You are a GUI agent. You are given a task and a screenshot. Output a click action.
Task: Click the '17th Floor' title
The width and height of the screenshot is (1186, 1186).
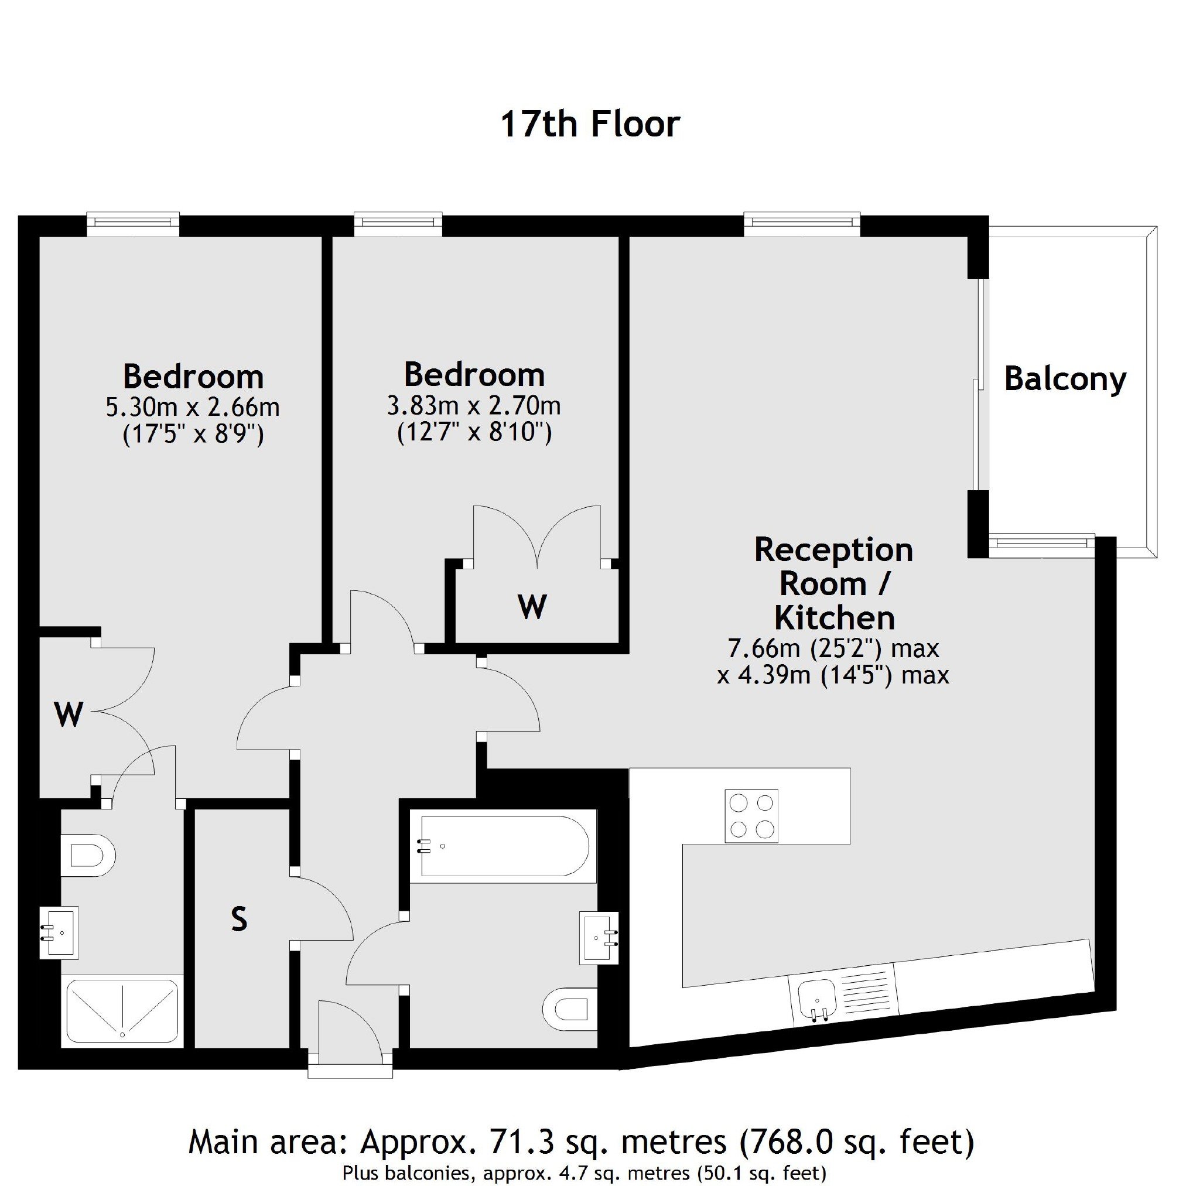(x=590, y=124)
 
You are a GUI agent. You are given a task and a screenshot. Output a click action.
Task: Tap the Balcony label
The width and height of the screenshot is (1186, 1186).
(x=1065, y=379)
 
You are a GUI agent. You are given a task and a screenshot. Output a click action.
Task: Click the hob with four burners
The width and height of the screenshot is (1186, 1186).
(x=751, y=816)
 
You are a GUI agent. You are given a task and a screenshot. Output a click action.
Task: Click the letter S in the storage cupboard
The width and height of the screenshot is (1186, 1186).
(x=239, y=919)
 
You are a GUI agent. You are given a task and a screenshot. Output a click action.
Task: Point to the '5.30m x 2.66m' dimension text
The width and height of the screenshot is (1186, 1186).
(x=193, y=407)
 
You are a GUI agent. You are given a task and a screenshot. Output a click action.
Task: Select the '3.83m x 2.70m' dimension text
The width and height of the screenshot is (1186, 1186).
(x=474, y=406)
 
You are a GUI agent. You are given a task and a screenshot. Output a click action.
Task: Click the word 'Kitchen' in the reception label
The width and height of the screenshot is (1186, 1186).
(x=834, y=618)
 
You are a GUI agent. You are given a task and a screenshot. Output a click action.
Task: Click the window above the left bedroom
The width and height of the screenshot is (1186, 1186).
(x=133, y=224)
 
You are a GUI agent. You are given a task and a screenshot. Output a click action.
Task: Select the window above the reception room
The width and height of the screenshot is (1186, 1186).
(x=802, y=224)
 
